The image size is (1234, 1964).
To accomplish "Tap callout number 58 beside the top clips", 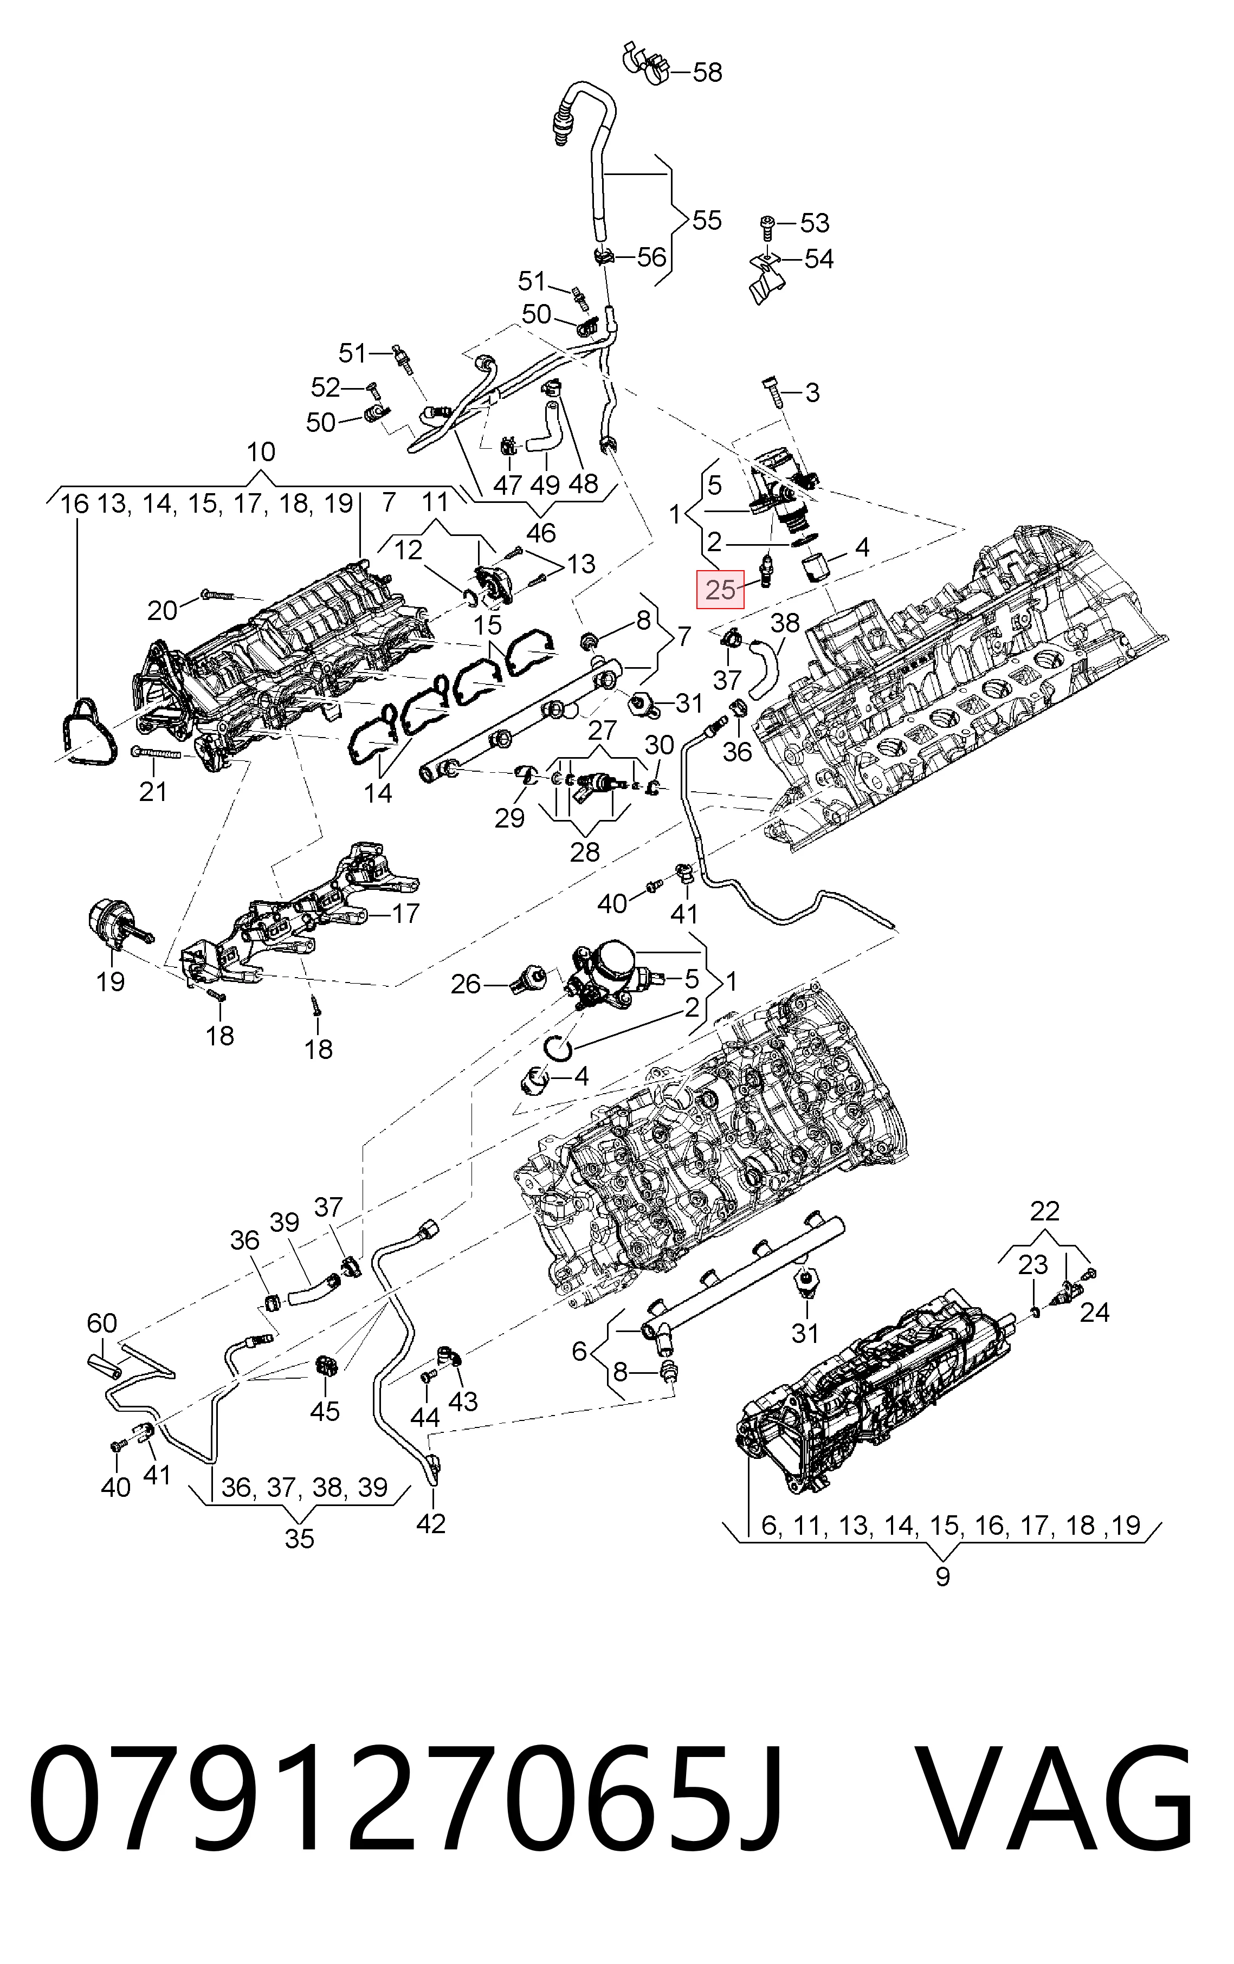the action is [707, 73].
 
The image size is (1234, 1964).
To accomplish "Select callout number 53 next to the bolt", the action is [814, 223].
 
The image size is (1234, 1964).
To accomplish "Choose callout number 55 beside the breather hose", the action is [706, 220].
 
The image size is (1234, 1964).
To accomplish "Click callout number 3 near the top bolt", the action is [811, 392].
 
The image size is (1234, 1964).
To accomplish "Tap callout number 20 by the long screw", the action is [162, 610].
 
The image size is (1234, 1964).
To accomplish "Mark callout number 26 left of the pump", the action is [466, 985].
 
